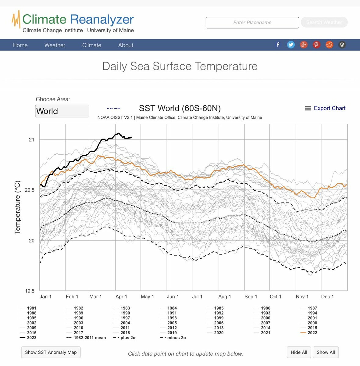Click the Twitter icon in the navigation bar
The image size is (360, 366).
point(291,45)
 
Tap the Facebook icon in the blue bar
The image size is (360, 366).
point(278,45)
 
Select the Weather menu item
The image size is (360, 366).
point(55,45)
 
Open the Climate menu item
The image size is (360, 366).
point(92,45)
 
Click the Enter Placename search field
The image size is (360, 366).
point(252,23)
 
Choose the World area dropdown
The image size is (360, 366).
point(62,111)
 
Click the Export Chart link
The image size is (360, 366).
point(325,108)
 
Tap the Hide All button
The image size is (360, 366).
point(299,352)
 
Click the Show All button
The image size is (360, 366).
point(326,352)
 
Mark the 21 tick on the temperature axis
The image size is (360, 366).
point(32,140)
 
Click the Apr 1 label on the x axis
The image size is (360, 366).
point(121,296)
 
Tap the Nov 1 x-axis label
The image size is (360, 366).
point(302,296)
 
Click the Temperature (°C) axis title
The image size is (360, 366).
point(18,207)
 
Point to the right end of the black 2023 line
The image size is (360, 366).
point(132,137)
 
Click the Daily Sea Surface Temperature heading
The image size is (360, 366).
point(180,66)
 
